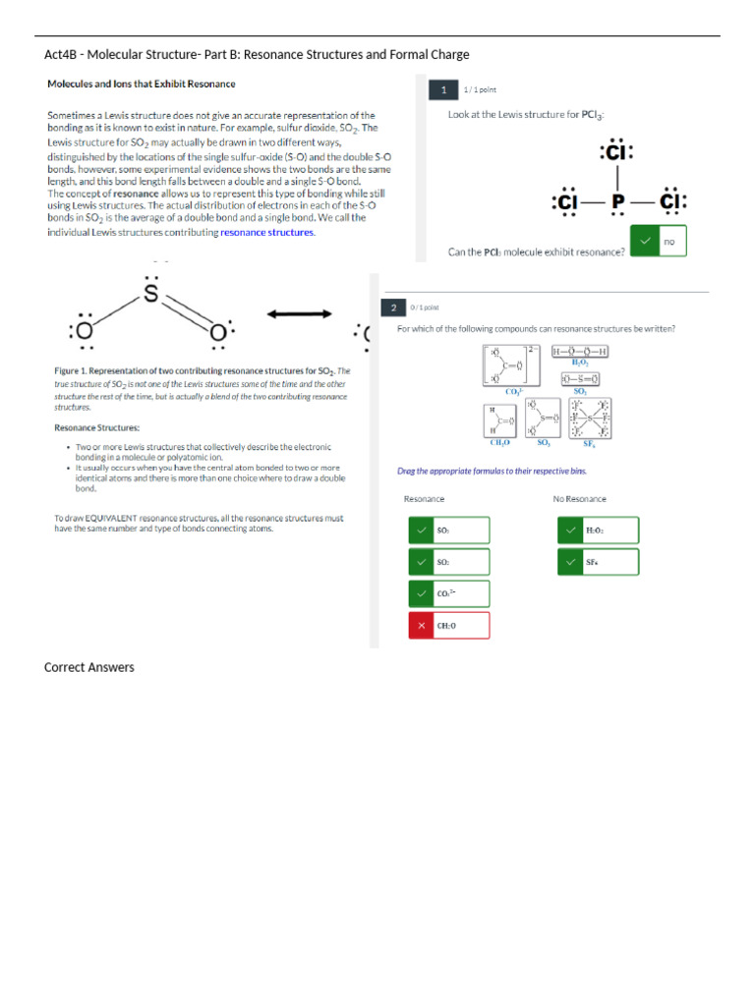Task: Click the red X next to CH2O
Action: coord(422,626)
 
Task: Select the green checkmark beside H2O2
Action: coord(571,531)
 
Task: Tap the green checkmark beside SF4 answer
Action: coord(571,562)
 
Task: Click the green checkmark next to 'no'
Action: coord(645,241)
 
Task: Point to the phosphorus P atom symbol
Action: coord(618,201)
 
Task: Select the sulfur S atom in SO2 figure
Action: coord(151,293)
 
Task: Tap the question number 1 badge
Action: coord(443,90)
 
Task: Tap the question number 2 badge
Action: coord(394,307)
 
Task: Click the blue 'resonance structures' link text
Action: coord(267,232)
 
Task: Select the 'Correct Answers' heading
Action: coord(89,668)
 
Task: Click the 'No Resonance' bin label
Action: coord(579,499)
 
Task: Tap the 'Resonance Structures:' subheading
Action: coord(96,427)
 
